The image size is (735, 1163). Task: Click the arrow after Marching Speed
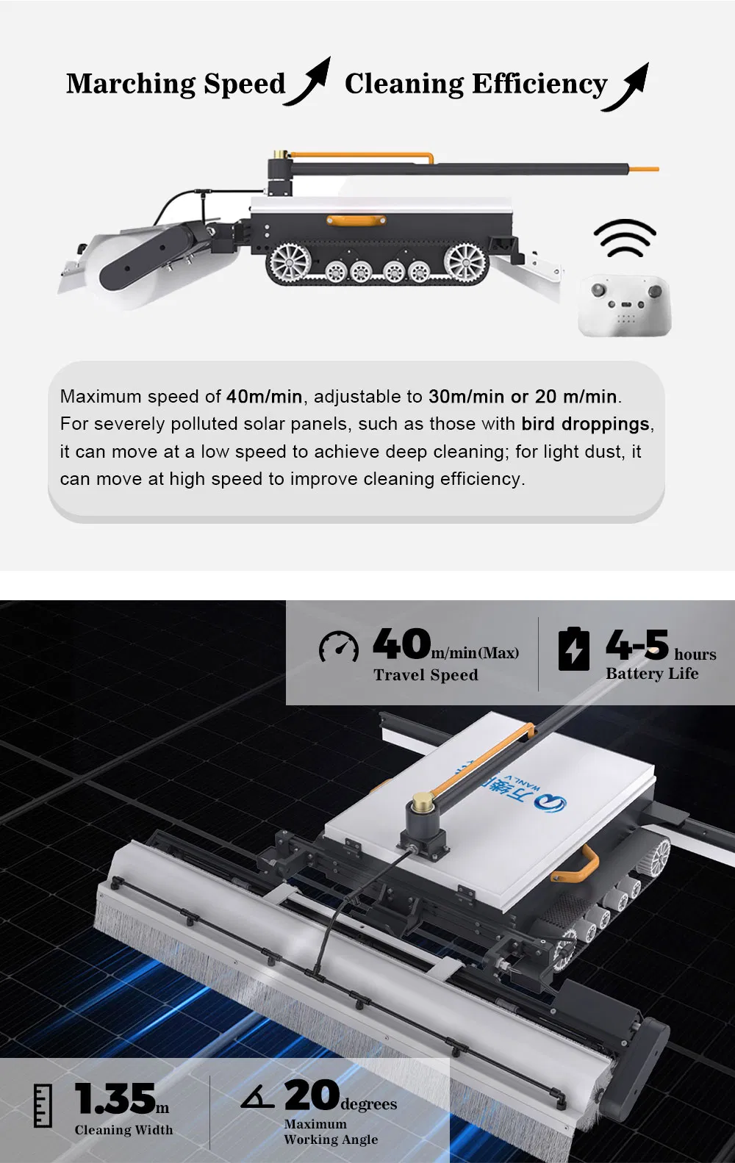pos(309,82)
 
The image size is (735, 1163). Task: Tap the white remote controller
pos(625,306)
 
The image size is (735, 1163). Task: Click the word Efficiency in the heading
pos(539,84)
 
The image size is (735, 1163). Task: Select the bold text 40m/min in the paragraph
pos(264,397)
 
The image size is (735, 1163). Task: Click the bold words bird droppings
pos(585,424)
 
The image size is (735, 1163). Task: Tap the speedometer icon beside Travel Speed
pos(339,647)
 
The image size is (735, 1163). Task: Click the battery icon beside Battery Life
pos(574,649)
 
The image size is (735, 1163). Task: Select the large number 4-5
pos(637,645)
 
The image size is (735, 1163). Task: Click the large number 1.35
pos(115,1099)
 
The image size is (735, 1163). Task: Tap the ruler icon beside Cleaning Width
pos(43,1105)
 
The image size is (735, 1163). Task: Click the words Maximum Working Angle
pos(330,1132)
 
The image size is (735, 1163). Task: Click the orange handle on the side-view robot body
pos(345,219)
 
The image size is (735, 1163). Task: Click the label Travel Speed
pos(426,675)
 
